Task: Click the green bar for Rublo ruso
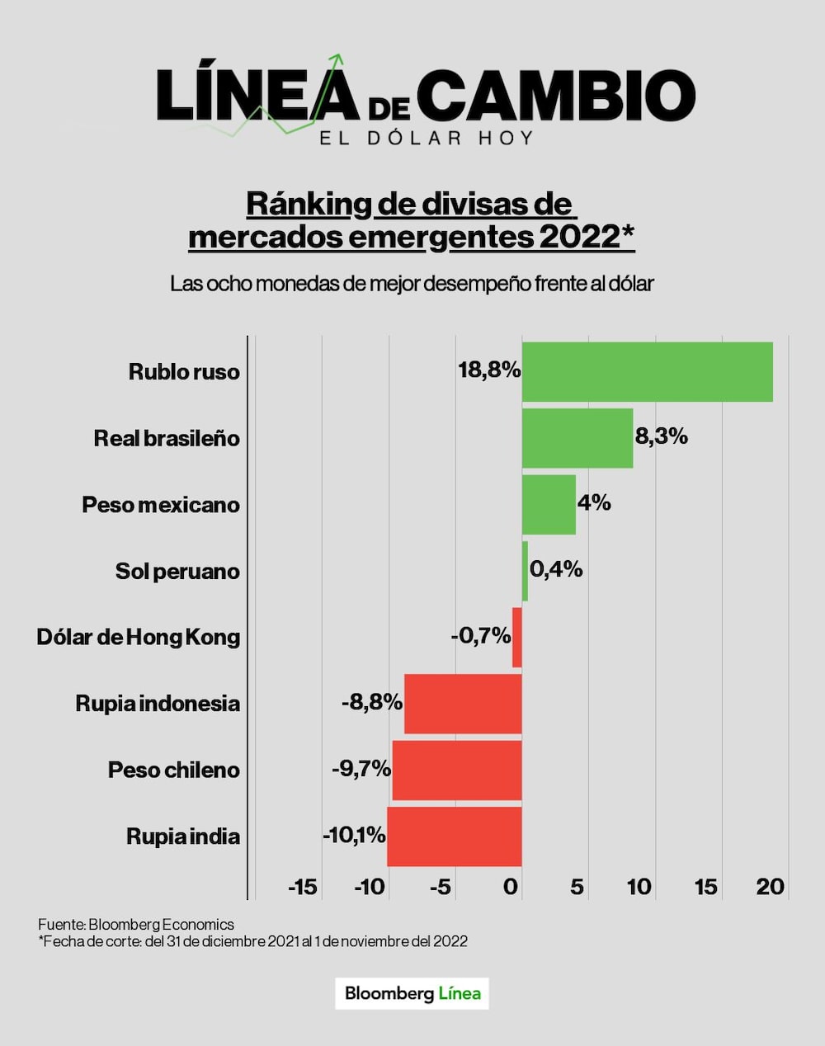[647, 372]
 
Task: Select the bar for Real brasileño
[577, 438]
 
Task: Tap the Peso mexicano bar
[549, 505]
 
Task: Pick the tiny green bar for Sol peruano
[525, 571]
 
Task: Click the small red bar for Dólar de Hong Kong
[517, 638]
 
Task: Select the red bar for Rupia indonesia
[463, 704]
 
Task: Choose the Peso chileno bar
[456, 770]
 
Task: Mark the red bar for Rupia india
[454, 836]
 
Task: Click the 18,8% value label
[489, 370]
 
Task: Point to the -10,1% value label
[354, 836]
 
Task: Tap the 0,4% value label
[556, 569]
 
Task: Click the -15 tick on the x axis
[303, 887]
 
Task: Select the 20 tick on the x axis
[771, 887]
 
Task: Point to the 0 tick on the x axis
[511, 887]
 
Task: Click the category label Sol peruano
[177, 571]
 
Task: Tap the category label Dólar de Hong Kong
[138, 637]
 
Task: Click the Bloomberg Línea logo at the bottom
[412, 993]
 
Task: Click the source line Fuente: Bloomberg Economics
[136, 925]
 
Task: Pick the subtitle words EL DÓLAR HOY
[427, 138]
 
